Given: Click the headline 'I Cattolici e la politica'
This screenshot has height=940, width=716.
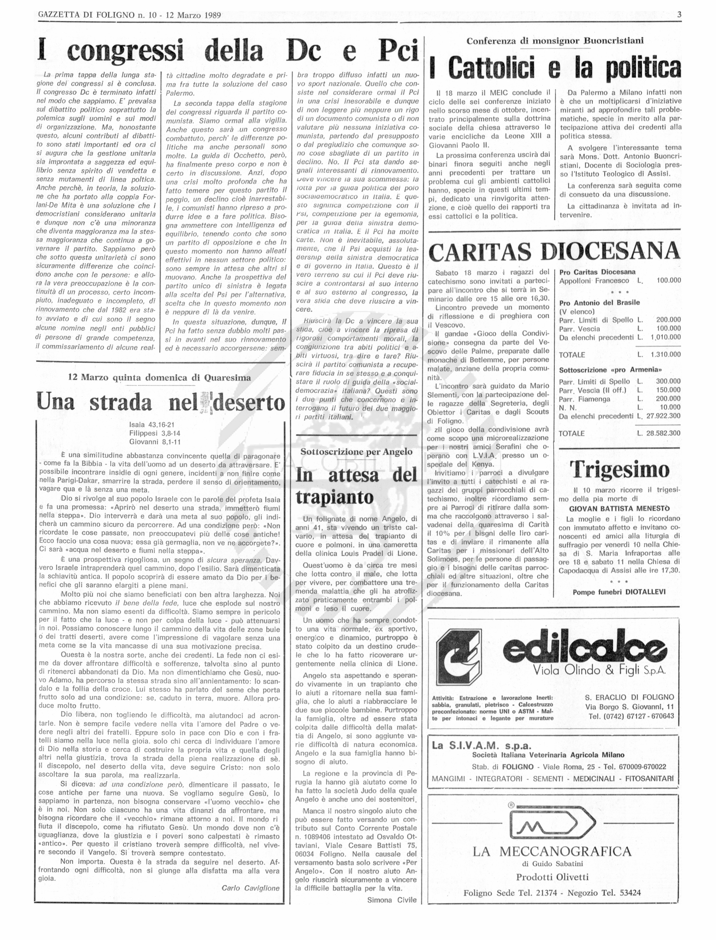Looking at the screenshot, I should (x=555, y=68).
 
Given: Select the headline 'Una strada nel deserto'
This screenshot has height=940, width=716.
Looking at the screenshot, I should (x=161, y=402).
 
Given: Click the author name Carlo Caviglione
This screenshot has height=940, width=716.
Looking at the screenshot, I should (x=250, y=888).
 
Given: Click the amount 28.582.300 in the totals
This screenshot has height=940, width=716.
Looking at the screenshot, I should (x=663, y=433).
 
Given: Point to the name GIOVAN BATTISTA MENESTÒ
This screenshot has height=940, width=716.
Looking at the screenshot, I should (x=619, y=508).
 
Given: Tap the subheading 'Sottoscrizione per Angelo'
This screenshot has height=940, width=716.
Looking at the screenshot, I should (x=356, y=452).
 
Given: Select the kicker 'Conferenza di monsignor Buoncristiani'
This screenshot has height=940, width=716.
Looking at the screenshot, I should (x=555, y=41).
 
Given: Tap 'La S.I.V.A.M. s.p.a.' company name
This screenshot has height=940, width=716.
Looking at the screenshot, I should (x=482, y=745).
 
